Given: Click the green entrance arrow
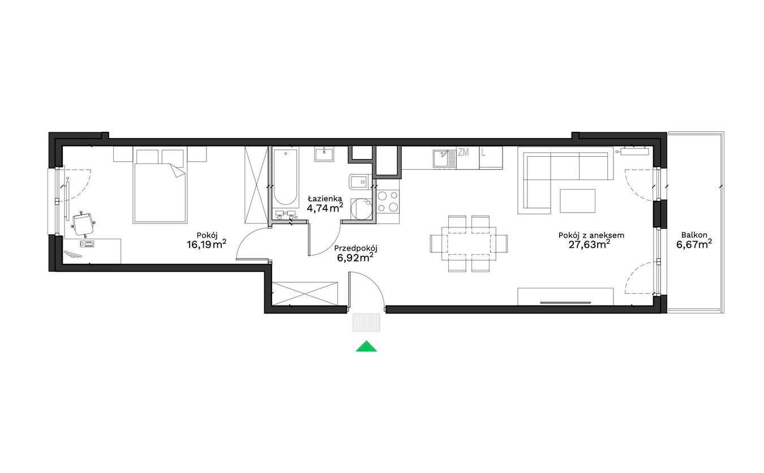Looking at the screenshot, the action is coord(366,346).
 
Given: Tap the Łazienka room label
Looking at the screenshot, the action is coord(325,199).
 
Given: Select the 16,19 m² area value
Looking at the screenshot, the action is coord(207,244).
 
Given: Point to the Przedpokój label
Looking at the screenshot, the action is coord(356,248).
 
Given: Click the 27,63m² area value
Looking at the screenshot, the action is coord(589,244).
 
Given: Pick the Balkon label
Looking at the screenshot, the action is coord(694,235).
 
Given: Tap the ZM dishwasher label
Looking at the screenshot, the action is coord(463,152).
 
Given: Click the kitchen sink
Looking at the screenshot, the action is coord(444,159).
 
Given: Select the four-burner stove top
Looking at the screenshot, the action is coord(388,201).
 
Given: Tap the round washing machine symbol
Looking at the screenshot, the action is coord(362,209).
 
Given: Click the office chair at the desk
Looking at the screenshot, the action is coord(83,223).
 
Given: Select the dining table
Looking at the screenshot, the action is coord(469,243).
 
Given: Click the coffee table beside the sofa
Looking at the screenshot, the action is coord(577,201).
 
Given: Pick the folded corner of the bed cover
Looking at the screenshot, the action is coord(178,170).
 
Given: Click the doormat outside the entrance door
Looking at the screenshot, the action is coord(366,322).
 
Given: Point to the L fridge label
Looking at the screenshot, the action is coord(483,152).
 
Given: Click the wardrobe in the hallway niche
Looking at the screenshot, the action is coord(304,294).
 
